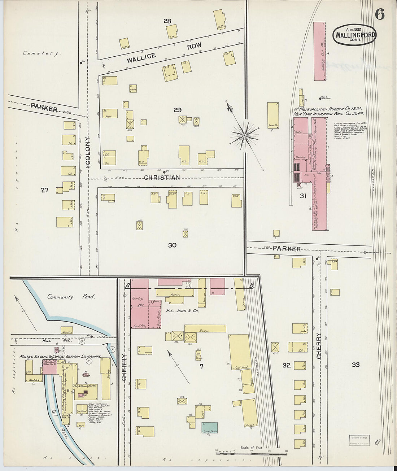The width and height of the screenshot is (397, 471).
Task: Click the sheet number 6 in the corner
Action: click(379, 14)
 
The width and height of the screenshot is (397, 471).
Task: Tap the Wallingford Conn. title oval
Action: click(354, 35)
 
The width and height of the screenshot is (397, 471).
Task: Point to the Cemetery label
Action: click(40, 53)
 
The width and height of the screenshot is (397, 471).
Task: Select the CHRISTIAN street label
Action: click(162, 178)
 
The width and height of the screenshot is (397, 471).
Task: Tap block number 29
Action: click(177, 110)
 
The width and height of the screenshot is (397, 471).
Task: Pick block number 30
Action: click(172, 245)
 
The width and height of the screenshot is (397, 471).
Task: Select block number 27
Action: click(44, 190)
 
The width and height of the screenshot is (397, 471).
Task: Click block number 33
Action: click(355, 365)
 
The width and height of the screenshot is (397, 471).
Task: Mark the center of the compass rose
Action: click(244, 136)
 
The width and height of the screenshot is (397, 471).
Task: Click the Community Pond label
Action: click(71, 297)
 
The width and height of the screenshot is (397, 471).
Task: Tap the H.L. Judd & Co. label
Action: click(182, 310)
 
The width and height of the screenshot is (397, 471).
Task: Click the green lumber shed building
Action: click(209, 428)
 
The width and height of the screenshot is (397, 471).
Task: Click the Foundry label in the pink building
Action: click(138, 298)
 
